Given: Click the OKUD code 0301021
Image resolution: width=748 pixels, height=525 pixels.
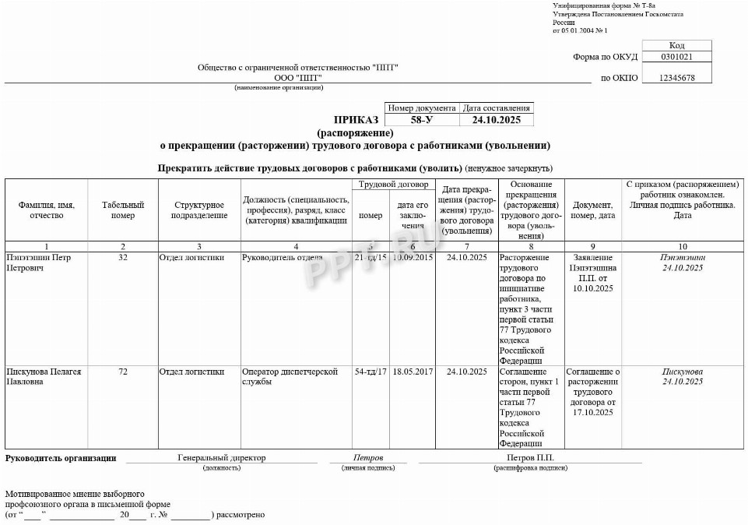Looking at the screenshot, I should coord(676,57).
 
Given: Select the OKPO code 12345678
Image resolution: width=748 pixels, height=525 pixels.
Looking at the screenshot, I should coord(676,78).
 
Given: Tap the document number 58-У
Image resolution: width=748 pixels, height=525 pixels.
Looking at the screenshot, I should coord(421,120).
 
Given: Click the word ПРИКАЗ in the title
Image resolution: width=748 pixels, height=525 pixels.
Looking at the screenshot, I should coord(356,120).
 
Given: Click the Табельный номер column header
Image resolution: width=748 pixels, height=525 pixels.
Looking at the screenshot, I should coord(123,210).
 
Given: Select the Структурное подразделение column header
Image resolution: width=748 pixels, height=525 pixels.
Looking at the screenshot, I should coord(199,210).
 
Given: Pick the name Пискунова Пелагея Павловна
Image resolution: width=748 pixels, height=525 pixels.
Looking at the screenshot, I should coord(43,377).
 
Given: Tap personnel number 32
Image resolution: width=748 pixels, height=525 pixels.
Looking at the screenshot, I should coord(123,258).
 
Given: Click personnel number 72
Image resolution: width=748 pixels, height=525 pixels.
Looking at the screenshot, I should coord(123,372).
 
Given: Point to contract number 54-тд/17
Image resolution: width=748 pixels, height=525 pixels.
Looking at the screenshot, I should coord(370,372).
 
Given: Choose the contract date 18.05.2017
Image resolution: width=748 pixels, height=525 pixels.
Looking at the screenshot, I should coord(413,372).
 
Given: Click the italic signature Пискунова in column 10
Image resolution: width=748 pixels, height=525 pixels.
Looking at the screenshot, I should coord(683,372).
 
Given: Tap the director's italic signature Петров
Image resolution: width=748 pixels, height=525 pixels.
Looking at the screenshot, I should coord(368,458).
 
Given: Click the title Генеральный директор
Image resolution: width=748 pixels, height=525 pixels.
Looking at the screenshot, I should coord(221,458).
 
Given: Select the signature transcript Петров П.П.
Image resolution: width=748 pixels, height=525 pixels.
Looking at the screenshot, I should coord(530,458).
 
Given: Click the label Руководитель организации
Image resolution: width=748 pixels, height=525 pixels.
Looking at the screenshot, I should coord(61,458).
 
